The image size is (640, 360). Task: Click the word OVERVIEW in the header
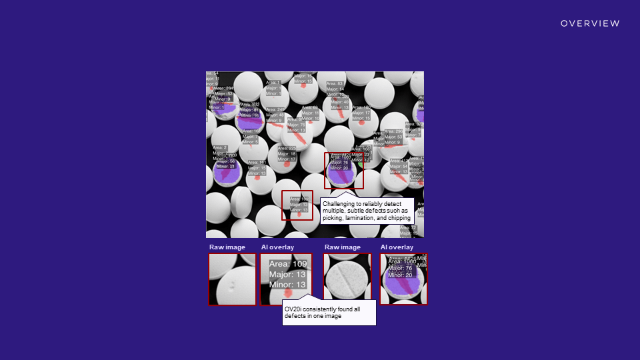click(x=590, y=23)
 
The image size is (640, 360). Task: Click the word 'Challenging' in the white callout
click(x=339, y=203)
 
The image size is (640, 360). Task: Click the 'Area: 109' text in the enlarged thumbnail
click(x=288, y=264)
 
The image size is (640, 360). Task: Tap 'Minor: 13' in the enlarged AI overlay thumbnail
click(x=288, y=285)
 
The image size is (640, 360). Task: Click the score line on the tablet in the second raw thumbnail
click(x=347, y=277)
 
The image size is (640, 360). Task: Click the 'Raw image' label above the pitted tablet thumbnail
click(x=227, y=247)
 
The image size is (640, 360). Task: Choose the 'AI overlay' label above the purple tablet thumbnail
click(x=397, y=247)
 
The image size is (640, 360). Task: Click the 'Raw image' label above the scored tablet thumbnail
click(x=342, y=247)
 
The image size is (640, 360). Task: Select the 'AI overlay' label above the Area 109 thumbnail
click(x=277, y=247)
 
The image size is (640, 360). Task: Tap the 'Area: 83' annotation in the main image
click(x=335, y=83)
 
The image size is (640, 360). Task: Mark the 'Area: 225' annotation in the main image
click(x=287, y=148)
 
